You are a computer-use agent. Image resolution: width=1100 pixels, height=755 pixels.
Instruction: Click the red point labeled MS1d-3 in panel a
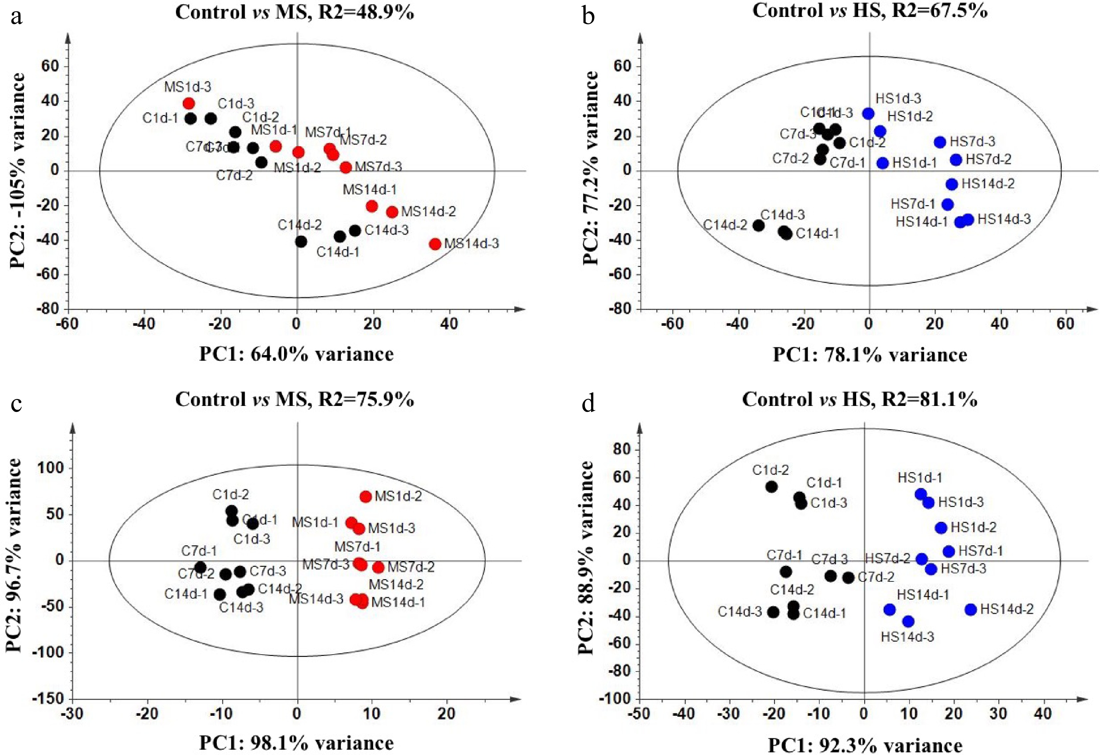[189, 103]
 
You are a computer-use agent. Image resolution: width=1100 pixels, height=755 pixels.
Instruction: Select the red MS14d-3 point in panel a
[435, 244]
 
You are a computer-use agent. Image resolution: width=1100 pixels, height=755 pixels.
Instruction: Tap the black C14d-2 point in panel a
[301, 242]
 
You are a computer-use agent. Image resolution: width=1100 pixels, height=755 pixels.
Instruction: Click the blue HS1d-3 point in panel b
[868, 114]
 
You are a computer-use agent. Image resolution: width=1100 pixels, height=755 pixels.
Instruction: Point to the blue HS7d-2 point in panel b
[956, 160]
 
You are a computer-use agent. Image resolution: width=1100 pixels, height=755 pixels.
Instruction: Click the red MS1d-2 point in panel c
[366, 496]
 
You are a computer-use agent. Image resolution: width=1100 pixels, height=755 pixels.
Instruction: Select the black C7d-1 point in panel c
[200, 567]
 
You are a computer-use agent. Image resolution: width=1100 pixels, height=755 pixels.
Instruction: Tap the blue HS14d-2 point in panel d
[971, 609]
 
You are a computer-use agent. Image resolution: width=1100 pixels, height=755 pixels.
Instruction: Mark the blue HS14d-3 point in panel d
[908, 621]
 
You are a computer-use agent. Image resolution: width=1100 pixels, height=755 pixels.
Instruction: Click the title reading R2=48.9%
[294, 12]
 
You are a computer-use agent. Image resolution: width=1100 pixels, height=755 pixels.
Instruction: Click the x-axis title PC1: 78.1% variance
[870, 354]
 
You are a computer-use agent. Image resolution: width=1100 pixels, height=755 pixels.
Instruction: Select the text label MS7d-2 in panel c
[411, 567]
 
